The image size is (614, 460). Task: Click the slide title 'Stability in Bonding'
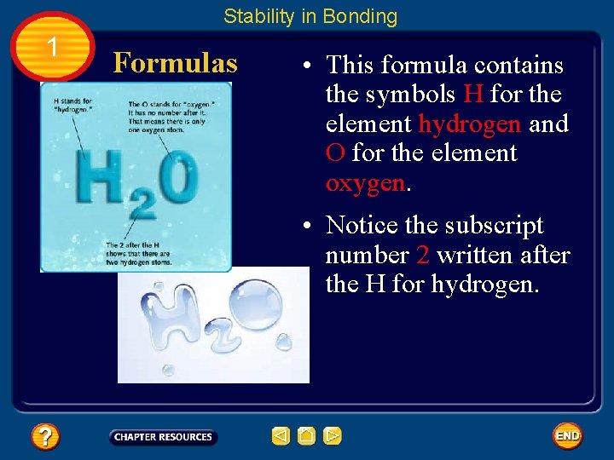(310, 16)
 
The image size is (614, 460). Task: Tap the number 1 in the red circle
(53, 48)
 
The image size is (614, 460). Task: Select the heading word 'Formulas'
(175, 63)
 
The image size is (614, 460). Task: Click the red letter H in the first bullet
(473, 95)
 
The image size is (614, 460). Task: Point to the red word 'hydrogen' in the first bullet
(470, 124)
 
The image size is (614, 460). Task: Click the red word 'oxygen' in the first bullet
(365, 183)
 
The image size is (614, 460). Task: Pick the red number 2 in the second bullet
(423, 255)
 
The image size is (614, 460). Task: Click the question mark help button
(44, 437)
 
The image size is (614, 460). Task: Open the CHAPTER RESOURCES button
(164, 437)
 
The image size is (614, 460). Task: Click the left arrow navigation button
(281, 436)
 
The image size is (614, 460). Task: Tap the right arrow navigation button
(333, 436)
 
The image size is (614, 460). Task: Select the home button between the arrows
(307, 436)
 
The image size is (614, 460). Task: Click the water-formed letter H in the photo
(168, 312)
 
